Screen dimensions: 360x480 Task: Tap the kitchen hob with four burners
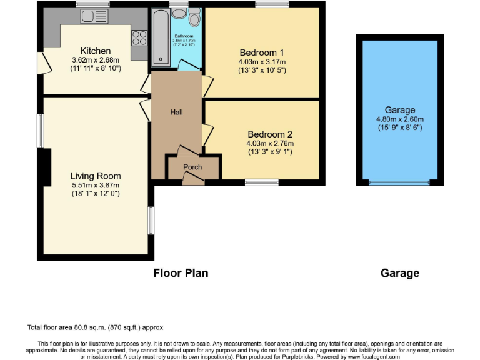139,38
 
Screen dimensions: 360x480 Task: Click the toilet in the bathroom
194,17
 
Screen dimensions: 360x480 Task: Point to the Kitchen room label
96,51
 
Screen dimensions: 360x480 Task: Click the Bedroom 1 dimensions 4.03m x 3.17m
262,62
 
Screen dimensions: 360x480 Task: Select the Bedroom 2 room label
270,134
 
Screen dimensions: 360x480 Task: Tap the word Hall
177,112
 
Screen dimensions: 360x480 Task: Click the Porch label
192,167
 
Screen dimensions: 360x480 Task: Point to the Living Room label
96,176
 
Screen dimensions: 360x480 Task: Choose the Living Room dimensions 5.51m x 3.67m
95,185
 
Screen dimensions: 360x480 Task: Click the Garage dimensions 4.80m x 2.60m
399,119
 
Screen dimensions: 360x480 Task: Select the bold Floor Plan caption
181,273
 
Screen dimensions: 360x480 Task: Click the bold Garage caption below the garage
399,273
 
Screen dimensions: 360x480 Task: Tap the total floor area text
93,327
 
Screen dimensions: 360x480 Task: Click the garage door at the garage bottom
399,182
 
